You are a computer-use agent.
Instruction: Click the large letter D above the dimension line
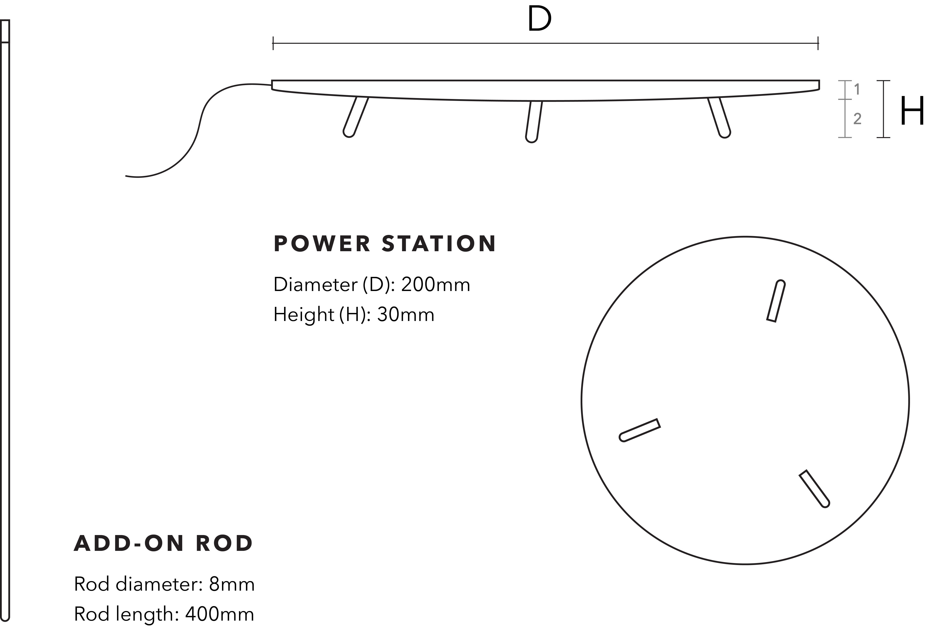point(539,19)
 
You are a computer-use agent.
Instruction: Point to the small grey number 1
point(857,90)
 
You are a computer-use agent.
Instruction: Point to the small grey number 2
point(857,119)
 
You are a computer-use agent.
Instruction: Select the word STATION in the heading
point(439,244)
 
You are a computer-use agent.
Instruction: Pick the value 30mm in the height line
point(406,315)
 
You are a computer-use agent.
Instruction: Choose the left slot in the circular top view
point(639,430)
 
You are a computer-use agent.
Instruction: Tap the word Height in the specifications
point(303,315)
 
